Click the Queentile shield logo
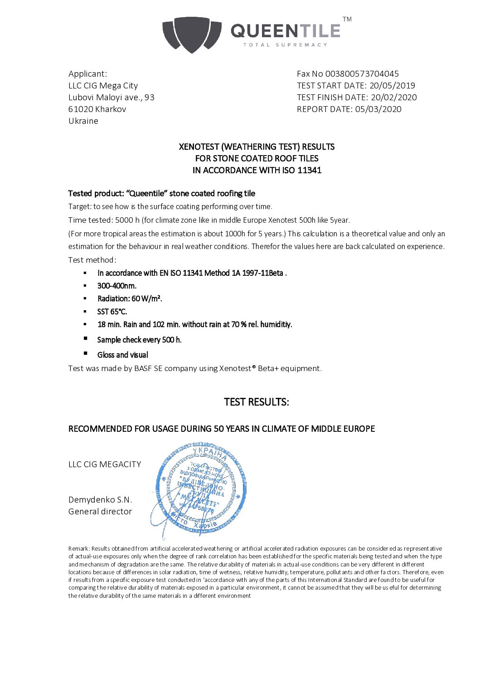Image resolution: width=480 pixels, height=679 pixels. click(x=192, y=34)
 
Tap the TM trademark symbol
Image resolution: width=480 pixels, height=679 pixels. click(x=347, y=19)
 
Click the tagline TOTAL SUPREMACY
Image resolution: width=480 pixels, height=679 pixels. click(x=285, y=45)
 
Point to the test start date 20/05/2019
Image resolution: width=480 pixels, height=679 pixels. click(x=392, y=85)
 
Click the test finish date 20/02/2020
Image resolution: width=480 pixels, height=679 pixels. click(x=393, y=97)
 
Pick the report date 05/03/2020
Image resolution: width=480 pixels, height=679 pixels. click(x=378, y=109)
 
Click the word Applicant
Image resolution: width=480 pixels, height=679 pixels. click(x=87, y=73)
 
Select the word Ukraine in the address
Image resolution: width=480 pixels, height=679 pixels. click(x=83, y=121)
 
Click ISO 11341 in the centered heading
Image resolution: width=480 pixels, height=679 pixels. click(x=303, y=170)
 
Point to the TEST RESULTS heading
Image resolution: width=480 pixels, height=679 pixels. click(x=257, y=402)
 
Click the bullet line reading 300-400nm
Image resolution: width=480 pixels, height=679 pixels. click(x=117, y=286)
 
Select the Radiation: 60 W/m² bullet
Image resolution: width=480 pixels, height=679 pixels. click(x=130, y=298)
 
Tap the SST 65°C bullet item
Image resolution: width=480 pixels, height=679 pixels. click(x=112, y=312)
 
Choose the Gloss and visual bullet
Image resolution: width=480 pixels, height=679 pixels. click(x=123, y=355)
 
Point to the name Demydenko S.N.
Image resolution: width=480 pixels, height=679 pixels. click(x=100, y=499)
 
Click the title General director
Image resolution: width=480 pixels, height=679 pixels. click(x=100, y=511)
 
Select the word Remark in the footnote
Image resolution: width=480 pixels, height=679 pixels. click(x=78, y=548)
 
